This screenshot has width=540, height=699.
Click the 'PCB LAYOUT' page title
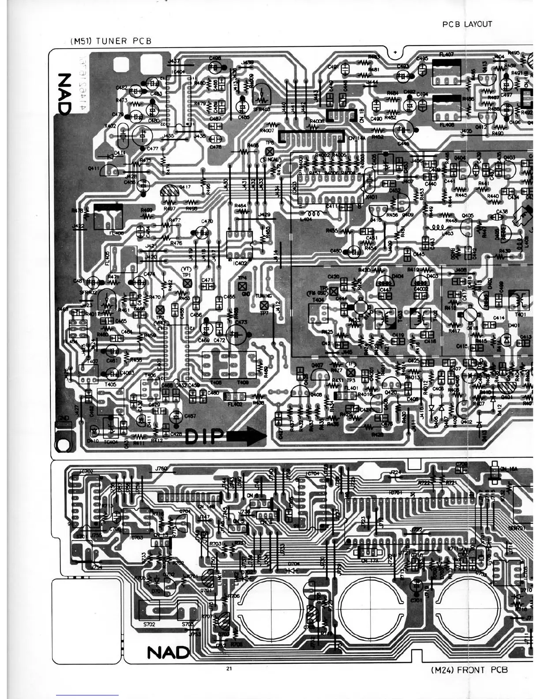click(467, 24)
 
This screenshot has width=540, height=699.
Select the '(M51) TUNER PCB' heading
click(111, 41)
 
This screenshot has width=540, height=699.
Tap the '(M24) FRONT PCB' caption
click(469, 670)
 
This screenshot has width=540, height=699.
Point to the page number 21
click(229, 669)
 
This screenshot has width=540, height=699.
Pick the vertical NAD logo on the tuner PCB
click(64, 94)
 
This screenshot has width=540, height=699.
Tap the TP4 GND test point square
click(242, 286)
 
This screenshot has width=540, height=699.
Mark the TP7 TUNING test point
click(264, 305)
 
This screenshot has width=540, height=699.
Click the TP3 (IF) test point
click(351, 373)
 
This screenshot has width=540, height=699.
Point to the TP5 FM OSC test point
click(334, 291)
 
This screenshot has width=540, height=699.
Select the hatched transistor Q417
click(169, 191)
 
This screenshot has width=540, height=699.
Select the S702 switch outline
click(150, 610)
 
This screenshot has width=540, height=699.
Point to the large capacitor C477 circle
click(142, 135)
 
